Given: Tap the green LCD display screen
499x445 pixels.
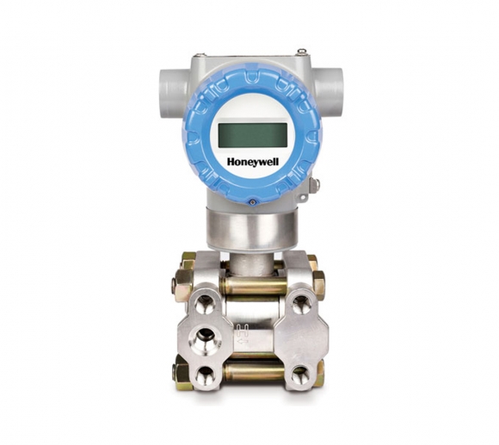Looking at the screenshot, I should click(x=250, y=134).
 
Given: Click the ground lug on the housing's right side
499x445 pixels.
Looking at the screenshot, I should click(x=315, y=184).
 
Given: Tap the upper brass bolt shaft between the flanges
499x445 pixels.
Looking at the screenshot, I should click(x=250, y=283).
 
